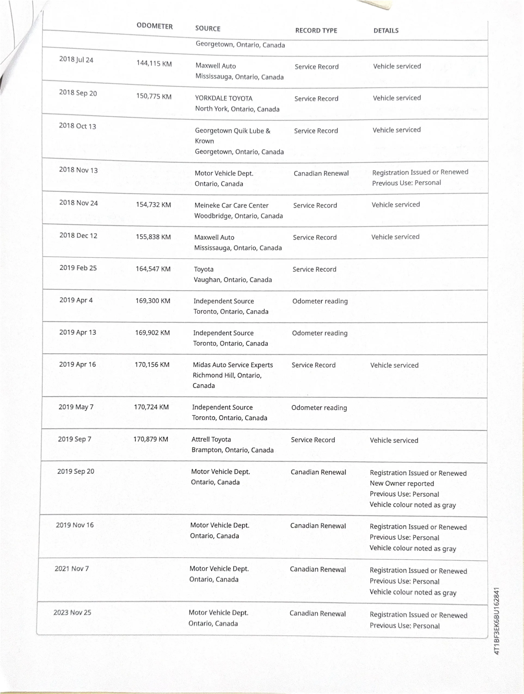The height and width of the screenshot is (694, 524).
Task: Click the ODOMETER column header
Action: [154, 26]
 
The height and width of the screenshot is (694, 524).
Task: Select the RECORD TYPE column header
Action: [316, 30]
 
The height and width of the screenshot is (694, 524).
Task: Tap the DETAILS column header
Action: [386, 30]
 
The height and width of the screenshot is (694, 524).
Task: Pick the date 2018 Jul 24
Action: [76, 59]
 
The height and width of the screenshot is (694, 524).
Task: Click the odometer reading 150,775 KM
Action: [154, 96]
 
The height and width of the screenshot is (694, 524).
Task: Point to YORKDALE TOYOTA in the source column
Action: [223, 98]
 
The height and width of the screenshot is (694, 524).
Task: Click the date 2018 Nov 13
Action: [78, 170]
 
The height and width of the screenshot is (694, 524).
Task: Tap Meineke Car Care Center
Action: [231, 205]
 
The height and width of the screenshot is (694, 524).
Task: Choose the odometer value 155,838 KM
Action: [153, 237]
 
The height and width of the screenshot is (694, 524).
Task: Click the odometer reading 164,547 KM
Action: [153, 269]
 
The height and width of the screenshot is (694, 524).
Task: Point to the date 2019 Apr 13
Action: [78, 332]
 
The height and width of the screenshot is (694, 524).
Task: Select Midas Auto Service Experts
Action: [233, 365]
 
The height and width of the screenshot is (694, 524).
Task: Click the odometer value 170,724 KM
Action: [151, 407]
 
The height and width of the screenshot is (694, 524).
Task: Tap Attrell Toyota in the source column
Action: [211, 439]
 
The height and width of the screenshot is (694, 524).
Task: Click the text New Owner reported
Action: [402, 484]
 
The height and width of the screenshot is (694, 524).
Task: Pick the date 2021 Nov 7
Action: [72, 569]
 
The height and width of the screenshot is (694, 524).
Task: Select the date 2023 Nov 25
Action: [72, 612]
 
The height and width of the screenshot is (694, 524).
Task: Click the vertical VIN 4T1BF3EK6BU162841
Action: [497, 621]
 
